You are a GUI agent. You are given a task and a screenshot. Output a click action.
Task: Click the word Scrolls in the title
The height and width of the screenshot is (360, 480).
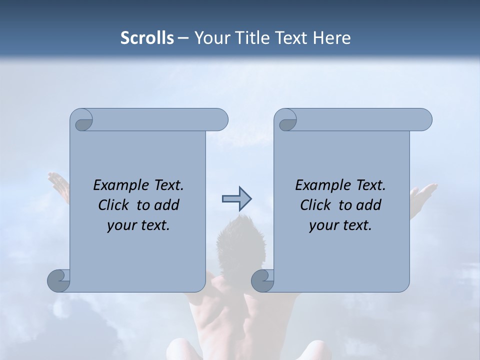(x=147, y=38)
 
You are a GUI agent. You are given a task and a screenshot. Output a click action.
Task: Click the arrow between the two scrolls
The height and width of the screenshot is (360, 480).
(x=236, y=199)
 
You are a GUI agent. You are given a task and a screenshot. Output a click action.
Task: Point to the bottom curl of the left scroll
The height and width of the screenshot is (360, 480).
(x=58, y=280)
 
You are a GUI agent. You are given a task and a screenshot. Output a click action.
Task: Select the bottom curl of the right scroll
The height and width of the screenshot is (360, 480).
(x=262, y=280)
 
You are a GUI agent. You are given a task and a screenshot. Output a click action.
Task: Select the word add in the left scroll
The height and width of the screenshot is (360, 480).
(x=166, y=205)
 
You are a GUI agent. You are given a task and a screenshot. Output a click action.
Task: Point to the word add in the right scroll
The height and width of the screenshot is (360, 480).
(x=368, y=205)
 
